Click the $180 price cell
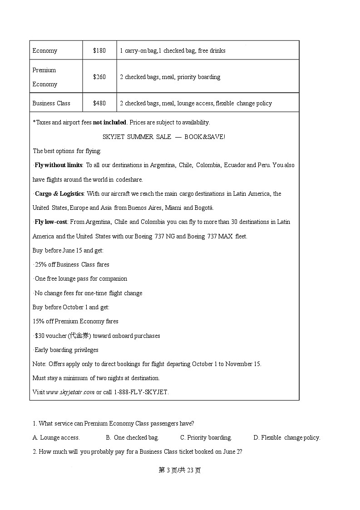pyautogui.click(x=99, y=50)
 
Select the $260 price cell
pyautogui.click(x=99, y=77)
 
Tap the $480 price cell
pyautogui.click(x=99, y=103)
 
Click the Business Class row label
pyautogui.click(x=51, y=103)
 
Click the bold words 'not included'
pyautogui.click(x=109, y=122)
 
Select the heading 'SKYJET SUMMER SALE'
pyautogui.click(x=137, y=137)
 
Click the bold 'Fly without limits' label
pyautogui.click(x=59, y=165)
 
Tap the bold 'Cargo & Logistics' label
pyautogui.click(x=59, y=193)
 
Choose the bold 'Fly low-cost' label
pyautogui.click(x=51, y=222)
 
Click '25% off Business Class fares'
pyautogui.click(x=72, y=264)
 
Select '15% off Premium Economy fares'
pyautogui.click(x=75, y=321)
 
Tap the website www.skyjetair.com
pyautogui.click(x=70, y=392)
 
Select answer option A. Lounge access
pyautogui.click(x=56, y=437)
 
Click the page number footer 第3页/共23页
pyautogui.click(x=180, y=470)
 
